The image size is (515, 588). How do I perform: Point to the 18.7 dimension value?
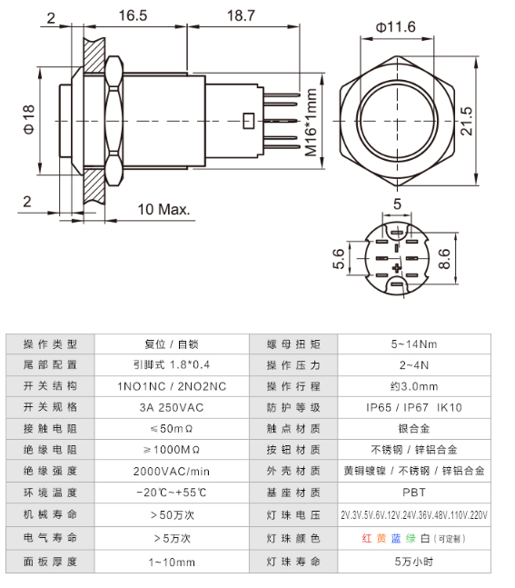(241, 15)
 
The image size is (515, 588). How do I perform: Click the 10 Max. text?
(163, 209)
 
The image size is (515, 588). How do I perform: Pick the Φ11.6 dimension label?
(395, 27)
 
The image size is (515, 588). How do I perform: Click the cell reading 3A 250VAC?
(171, 406)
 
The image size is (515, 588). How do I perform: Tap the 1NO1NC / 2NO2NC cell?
(171, 385)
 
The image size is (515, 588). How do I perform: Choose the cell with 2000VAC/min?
(171, 471)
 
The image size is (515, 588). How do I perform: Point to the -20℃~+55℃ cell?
(171, 493)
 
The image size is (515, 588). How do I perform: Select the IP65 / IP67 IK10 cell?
(413, 406)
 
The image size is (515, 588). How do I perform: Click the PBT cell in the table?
(413, 493)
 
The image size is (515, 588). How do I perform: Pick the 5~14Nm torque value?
(413, 344)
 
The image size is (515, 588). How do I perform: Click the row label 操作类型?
(50, 344)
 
